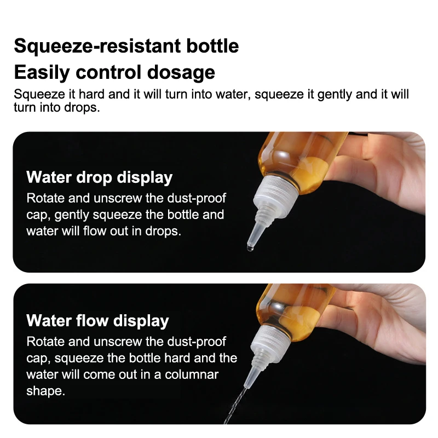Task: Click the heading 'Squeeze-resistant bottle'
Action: coord(126,45)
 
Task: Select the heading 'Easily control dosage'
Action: coord(114,72)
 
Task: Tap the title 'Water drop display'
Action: coord(99,177)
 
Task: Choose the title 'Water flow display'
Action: coord(97,320)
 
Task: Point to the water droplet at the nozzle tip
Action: coord(250,247)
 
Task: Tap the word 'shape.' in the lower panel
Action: coord(46,392)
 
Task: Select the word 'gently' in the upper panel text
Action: coord(76,214)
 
